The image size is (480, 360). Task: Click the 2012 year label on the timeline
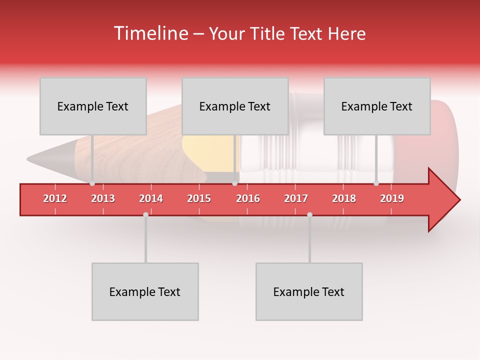pos(55,198)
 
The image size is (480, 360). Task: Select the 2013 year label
pos(103,198)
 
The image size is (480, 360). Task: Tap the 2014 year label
pos(151,198)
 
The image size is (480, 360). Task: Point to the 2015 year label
pos(199,198)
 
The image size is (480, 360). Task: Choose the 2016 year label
pos(248,198)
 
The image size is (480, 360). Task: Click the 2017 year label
pos(296,198)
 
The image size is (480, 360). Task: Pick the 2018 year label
pos(344,198)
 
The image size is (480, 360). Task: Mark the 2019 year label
pos(392,198)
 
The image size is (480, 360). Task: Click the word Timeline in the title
pos(150,33)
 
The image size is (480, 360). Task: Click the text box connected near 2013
pos(93,106)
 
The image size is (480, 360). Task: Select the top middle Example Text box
pos(235,106)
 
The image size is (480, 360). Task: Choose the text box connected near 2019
pos(377,106)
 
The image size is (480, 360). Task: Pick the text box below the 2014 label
pos(145,291)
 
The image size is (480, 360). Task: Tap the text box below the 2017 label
pos(309,291)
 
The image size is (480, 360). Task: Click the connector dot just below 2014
pos(145,214)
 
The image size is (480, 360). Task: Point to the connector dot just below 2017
pos(309,214)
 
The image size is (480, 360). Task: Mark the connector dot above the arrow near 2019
pos(376,183)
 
